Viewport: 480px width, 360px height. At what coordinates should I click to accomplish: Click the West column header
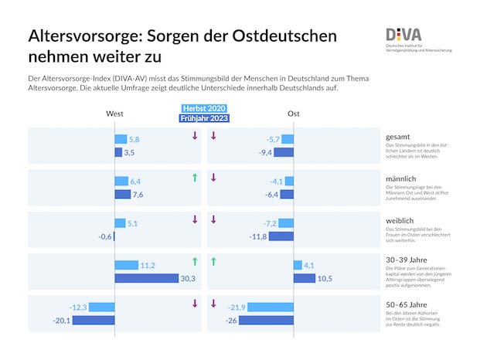coord(114,114)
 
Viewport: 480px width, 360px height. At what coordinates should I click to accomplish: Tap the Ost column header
coord(294,114)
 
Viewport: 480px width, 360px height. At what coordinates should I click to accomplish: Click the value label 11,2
coord(148,266)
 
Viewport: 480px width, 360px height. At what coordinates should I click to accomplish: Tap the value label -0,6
coord(105,236)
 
